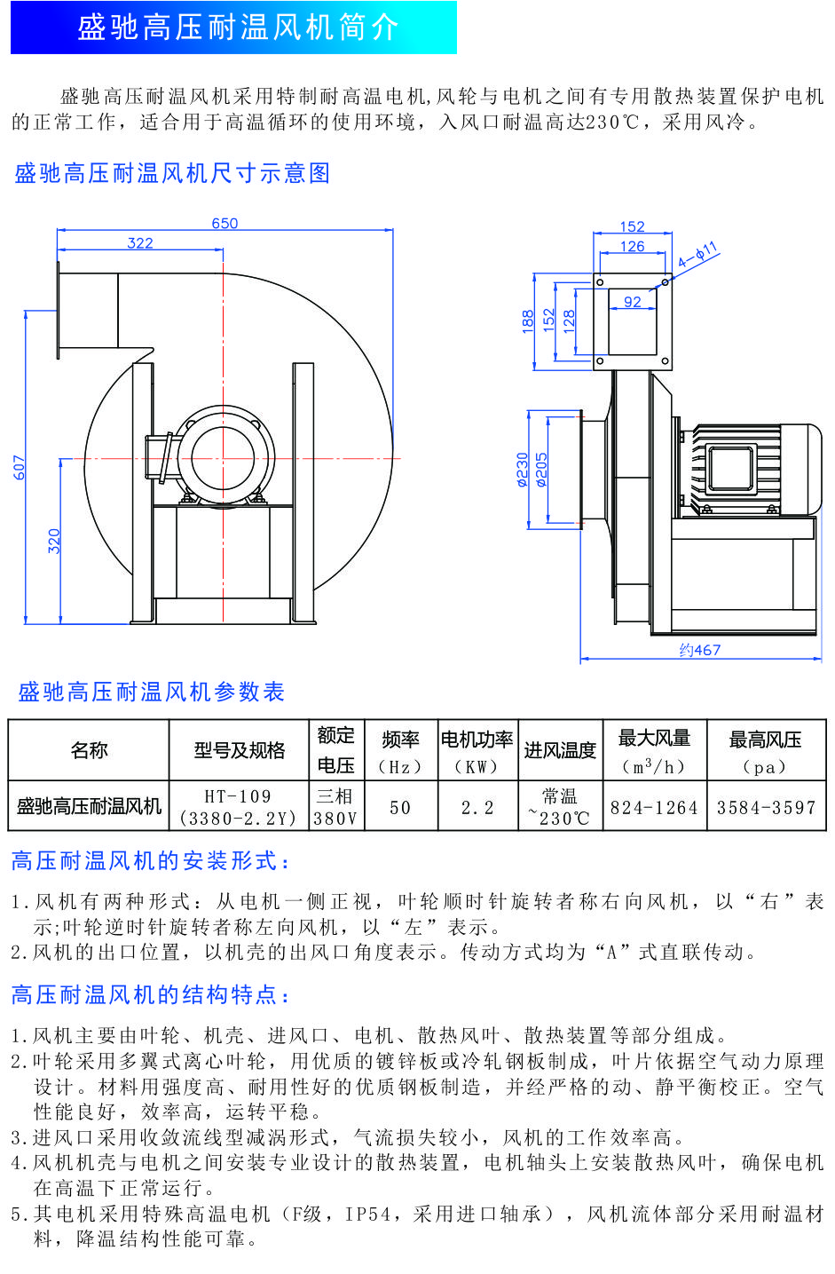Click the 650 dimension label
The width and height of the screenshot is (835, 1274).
coord(225,224)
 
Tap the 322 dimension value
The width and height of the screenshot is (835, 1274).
coord(140,243)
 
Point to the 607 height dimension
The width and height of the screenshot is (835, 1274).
coord(20,467)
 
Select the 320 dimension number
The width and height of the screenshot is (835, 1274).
coord(54,541)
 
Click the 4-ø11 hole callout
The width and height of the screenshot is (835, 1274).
coord(697,256)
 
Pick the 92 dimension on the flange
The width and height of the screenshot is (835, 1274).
coord(632,302)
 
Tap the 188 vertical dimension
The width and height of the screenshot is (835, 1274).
coord(528,320)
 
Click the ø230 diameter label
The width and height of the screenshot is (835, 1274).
coord(523,470)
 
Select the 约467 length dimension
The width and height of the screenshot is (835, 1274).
coord(700,650)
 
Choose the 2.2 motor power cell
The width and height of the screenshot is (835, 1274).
coord(477,808)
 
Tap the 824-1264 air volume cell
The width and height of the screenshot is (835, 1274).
coord(654,808)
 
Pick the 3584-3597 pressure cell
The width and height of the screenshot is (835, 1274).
coord(766,808)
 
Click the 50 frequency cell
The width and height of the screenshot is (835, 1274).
coord(400,808)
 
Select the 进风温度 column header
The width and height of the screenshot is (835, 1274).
coord(560,751)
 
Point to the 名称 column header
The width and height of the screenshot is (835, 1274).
coord(89,751)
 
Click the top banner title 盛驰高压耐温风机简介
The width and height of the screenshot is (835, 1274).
coord(238,28)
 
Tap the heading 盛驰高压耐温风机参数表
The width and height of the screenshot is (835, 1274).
coord(152,692)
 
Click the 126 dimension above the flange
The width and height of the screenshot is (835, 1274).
coord(632,247)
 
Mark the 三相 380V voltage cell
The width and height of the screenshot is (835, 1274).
coord(335,807)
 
